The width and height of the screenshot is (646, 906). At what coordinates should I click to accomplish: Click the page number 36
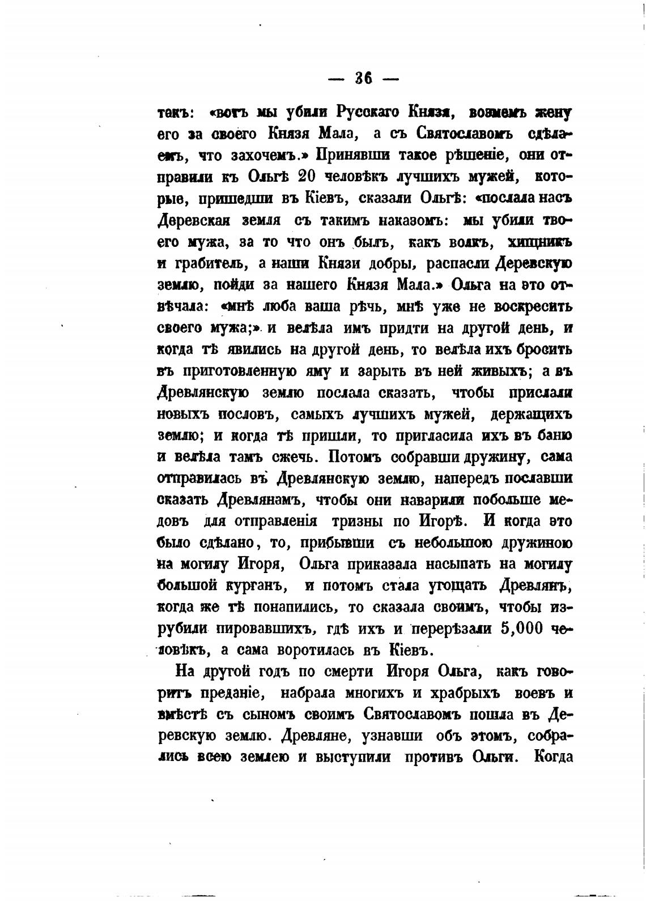(363, 79)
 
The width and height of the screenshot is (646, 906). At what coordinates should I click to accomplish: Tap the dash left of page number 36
(337, 79)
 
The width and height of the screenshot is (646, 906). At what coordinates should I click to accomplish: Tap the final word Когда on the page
(553, 758)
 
